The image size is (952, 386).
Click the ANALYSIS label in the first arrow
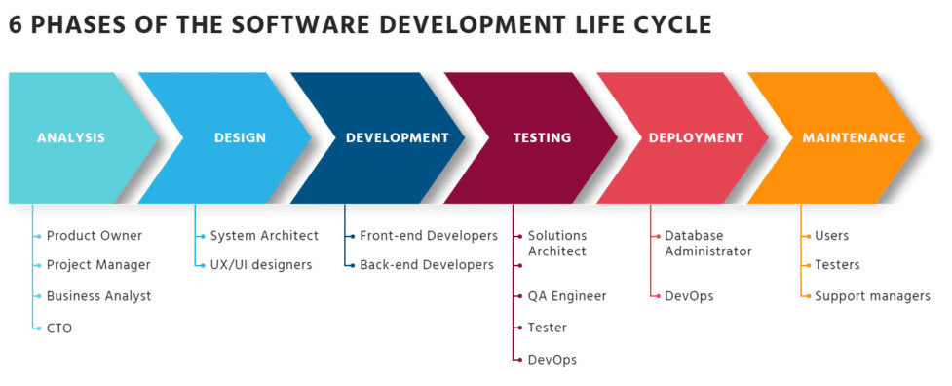tap(71, 137)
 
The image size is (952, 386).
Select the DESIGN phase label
tap(240, 137)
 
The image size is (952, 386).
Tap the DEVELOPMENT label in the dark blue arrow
tap(397, 137)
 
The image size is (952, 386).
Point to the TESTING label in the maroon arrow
tap(542, 137)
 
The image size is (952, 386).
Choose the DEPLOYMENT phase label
tap(696, 137)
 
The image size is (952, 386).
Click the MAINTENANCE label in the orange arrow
tap(854, 137)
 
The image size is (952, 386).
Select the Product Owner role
tap(95, 236)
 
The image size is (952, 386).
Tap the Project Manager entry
tap(98, 265)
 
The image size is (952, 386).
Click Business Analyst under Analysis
tap(99, 296)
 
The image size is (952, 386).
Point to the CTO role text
tap(58, 328)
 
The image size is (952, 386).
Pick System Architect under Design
tap(264, 236)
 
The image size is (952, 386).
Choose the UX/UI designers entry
tap(261, 265)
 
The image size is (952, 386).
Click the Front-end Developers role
tap(429, 236)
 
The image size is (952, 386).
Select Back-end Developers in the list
tap(427, 265)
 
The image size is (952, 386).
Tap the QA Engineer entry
tap(567, 296)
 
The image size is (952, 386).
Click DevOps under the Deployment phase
tap(689, 296)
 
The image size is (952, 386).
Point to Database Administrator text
tap(708, 244)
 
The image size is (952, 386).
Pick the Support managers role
tap(872, 296)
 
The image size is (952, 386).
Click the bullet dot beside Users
tap(808, 236)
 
